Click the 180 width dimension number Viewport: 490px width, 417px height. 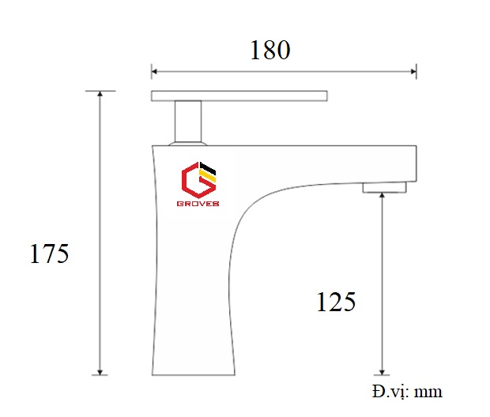tap(270, 50)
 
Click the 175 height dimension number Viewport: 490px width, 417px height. tap(50, 254)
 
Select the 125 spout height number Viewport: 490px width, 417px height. tap(336, 301)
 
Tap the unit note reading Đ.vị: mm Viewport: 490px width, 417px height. tap(406, 392)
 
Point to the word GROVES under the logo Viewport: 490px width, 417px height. tap(198, 203)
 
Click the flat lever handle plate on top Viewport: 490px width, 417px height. tap(239, 96)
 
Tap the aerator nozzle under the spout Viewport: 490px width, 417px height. tap(384, 187)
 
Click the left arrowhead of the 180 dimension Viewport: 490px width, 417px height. tap(156, 73)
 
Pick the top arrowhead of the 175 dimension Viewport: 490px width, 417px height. tap(100, 95)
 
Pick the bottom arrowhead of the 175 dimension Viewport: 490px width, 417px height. tap(100, 370)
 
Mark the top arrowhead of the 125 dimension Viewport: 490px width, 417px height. tap(383, 197)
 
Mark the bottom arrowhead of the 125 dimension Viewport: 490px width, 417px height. tap(383, 370)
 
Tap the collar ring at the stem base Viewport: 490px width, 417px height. tap(188, 144)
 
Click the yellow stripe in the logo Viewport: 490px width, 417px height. tap(209, 175)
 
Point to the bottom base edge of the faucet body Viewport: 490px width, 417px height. tap(194, 374)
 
